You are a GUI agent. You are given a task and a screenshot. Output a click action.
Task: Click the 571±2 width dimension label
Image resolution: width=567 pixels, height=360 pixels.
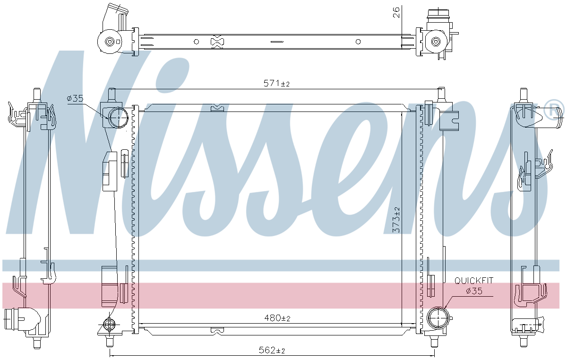pos(276,83)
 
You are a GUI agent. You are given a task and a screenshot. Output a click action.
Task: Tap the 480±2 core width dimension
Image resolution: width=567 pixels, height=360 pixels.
pos(277,318)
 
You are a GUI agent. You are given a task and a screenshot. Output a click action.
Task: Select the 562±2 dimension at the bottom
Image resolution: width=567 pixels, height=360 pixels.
pos(272,351)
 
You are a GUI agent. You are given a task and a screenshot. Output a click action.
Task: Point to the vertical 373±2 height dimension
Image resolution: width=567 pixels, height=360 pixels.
pos(396,220)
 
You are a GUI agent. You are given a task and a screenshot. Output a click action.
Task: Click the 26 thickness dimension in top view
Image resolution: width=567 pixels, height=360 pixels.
pos(396,12)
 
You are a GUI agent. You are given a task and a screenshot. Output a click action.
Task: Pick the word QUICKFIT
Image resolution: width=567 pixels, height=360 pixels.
pos(474,281)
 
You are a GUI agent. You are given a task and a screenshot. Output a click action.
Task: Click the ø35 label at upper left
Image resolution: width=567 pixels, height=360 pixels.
pos(75,98)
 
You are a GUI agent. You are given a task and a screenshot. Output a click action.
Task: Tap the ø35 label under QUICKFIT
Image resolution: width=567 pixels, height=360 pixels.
pos(474,291)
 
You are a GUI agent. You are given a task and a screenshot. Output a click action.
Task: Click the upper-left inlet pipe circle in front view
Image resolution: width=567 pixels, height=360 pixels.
pos(119,118)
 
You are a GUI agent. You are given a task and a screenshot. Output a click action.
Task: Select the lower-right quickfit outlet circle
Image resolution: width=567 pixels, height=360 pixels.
pos(438,318)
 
